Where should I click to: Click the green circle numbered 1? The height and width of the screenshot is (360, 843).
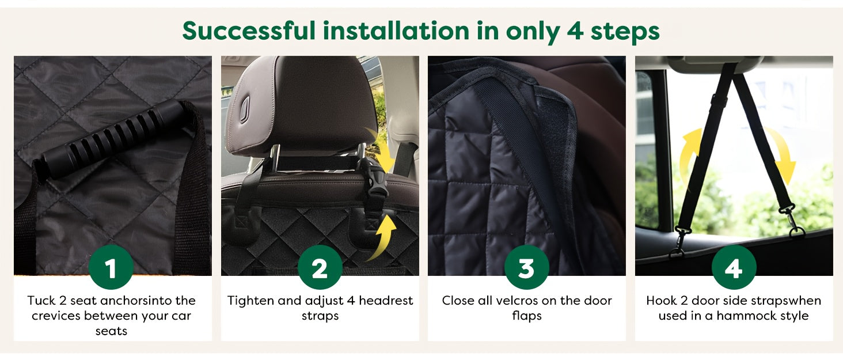tap(111, 268)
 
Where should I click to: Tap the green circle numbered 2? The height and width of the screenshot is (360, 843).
tap(320, 268)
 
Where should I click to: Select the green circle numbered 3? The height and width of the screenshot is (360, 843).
tap(526, 268)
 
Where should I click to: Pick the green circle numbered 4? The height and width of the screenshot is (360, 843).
tap(734, 268)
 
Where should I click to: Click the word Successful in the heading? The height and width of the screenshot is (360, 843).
tap(249, 31)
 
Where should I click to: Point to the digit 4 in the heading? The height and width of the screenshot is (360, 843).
tap(575, 31)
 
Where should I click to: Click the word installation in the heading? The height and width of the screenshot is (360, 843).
tap(396, 31)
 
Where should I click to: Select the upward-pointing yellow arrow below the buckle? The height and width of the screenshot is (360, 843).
tap(387, 237)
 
